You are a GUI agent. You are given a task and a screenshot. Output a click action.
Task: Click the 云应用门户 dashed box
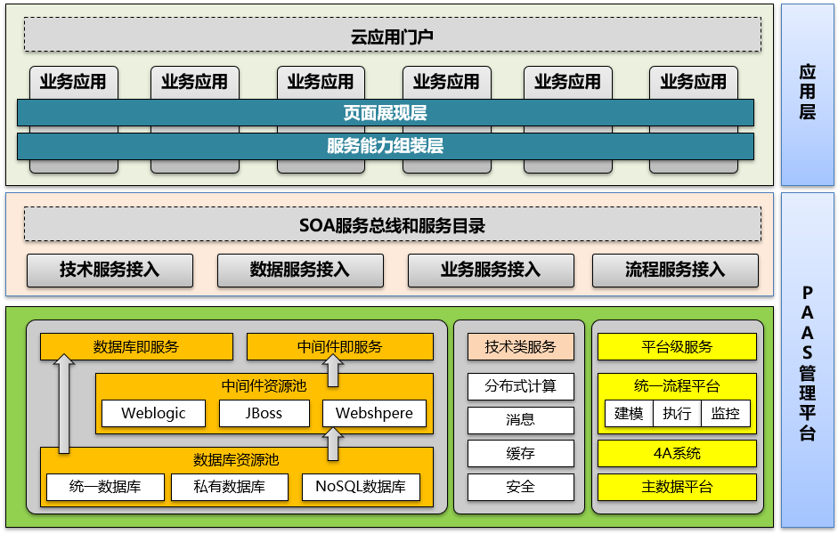(x=392, y=35)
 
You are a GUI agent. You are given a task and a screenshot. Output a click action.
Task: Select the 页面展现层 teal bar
(x=385, y=113)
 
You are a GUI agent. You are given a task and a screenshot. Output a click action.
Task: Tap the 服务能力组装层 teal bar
(x=385, y=146)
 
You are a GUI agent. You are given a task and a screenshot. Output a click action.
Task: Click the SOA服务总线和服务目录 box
(x=392, y=225)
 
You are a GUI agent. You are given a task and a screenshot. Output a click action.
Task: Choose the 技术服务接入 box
(x=110, y=271)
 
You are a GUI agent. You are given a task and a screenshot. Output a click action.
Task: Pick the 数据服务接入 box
(x=300, y=271)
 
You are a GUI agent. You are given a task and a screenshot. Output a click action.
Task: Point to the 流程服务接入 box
(x=675, y=271)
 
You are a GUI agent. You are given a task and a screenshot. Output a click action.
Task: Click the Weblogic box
(x=152, y=414)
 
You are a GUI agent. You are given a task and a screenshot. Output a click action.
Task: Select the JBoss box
(x=264, y=414)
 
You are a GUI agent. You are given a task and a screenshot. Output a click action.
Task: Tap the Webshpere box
(x=374, y=414)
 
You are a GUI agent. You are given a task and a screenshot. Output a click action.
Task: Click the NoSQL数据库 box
(x=360, y=487)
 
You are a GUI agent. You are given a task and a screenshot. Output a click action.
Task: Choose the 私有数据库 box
(x=229, y=487)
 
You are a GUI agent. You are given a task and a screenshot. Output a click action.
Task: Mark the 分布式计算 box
(x=521, y=386)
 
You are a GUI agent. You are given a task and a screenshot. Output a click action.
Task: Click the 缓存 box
(x=521, y=454)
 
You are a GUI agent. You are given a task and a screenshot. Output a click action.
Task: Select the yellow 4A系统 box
(x=677, y=454)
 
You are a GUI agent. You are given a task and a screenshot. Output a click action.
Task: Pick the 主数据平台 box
(x=677, y=487)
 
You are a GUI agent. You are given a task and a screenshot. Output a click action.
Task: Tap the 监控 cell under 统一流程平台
(x=725, y=414)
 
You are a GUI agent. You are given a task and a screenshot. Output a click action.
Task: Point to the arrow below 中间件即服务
(x=333, y=369)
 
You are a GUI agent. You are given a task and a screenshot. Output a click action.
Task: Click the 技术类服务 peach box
(x=521, y=347)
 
